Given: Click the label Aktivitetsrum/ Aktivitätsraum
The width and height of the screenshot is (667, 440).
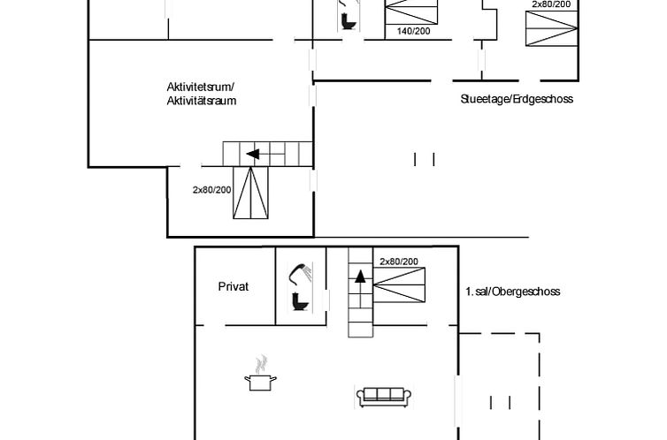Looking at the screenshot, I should point(201,94).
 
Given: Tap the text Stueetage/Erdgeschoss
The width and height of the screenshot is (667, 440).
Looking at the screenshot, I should point(517,99).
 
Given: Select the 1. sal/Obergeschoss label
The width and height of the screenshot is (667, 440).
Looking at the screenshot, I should point(513,292).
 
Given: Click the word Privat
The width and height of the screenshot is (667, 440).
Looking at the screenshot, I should point(234,286).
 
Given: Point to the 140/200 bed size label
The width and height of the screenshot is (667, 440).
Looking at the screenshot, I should point(413,32).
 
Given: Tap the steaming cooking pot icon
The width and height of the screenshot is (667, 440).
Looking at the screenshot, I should point(260,376).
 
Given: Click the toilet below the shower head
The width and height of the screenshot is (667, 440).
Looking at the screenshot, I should point(300,303).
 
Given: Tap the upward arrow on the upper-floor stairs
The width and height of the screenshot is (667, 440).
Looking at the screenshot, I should point(360,275).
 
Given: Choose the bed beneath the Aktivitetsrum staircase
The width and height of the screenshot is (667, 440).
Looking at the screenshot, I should point(250,193).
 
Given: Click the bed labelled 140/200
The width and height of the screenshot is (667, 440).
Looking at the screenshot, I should point(412,13).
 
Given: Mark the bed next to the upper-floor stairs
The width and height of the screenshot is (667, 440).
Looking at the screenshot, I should point(399,288).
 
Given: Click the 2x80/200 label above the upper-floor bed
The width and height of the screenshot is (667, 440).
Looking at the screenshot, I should point(400,262).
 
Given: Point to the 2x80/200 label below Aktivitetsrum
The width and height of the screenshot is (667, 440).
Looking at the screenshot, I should point(211,189).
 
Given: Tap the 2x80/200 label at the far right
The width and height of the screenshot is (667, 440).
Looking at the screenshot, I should point(551,4).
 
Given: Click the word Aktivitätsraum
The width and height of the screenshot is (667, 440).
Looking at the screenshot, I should point(201,101).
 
